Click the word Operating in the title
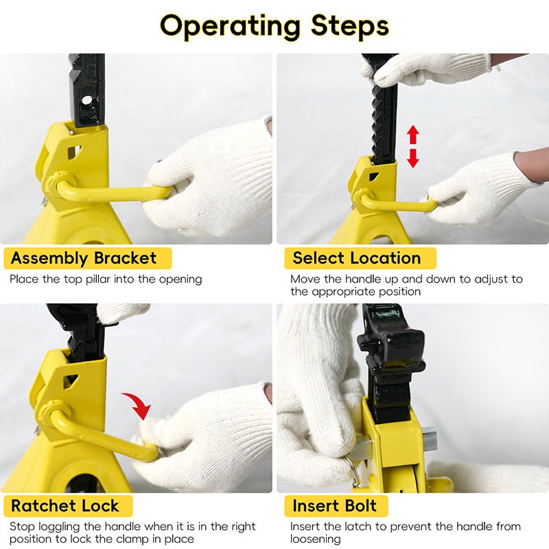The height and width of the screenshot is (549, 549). coord(229,26)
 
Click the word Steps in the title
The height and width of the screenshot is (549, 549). coord(350,26)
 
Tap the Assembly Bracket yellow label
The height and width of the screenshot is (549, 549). coord(84,259)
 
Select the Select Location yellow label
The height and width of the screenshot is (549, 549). coord(357,259)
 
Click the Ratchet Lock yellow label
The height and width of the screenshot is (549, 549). coord(65,506)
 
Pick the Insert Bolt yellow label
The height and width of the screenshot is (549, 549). coord(335,506)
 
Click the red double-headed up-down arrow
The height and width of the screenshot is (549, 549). coord(413,146)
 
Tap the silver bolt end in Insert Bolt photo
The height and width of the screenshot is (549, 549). coord(429,438)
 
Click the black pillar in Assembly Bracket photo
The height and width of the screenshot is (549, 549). coord(87,89)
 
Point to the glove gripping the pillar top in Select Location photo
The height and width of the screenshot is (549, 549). coord(425,69)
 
